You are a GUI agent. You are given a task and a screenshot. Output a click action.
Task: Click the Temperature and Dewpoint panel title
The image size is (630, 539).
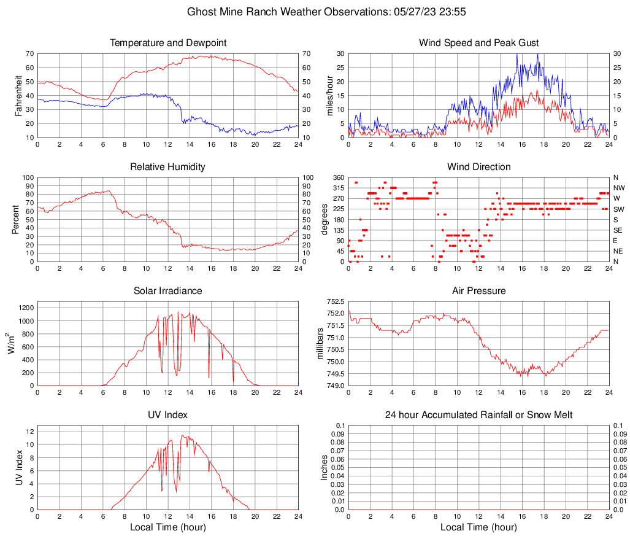tap(168, 43)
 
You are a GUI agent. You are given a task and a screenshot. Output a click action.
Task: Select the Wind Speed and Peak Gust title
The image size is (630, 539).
tap(478, 43)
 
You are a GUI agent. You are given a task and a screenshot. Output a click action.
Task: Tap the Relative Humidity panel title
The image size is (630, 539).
tap(168, 167)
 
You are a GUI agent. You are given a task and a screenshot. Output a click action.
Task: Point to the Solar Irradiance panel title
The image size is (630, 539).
tap(168, 291)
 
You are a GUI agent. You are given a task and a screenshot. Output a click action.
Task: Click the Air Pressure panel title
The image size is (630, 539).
tap(478, 291)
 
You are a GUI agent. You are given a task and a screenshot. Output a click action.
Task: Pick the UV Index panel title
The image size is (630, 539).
tap(168, 415)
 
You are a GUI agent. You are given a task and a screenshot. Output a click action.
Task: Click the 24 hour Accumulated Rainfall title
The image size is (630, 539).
tap(478, 415)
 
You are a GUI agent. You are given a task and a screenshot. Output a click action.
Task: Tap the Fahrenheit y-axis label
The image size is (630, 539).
tap(18, 95)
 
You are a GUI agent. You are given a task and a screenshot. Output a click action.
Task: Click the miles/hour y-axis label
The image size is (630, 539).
tap(329, 95)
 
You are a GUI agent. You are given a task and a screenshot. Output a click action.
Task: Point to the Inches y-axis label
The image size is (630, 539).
tap(325, 468)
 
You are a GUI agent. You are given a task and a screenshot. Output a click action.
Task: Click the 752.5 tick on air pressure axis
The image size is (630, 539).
tap(335, 302)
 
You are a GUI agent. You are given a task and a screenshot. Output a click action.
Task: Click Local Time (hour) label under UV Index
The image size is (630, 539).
tap(168, 527)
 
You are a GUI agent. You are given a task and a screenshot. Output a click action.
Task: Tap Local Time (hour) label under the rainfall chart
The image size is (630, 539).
tap(478, 527)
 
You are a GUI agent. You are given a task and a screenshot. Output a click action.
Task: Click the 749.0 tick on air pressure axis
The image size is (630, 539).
tap(335, 386)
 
